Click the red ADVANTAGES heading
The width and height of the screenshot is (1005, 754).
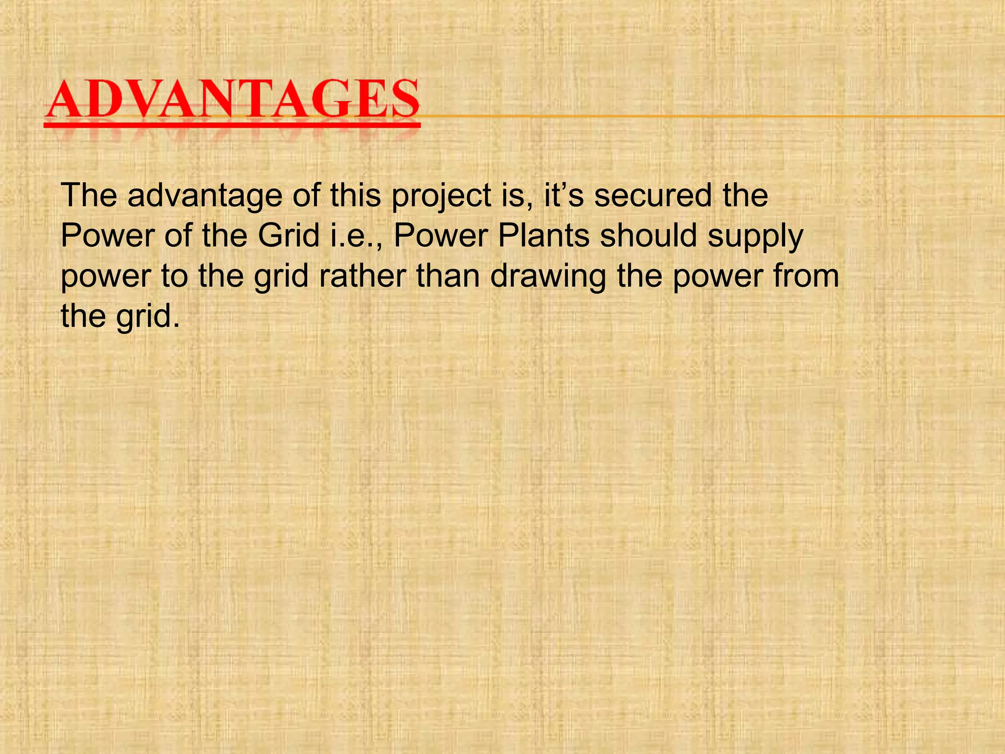pos(232,101)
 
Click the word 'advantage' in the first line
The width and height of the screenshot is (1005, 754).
pos(205,196)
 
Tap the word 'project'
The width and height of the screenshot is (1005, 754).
pos(441,196)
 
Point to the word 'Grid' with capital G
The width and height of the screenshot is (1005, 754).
pos(289,236)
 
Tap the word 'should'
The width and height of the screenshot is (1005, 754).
pos(648,236)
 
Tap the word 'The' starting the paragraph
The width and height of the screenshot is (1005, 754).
pos(89,196)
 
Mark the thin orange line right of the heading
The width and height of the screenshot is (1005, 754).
pos(712,116)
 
